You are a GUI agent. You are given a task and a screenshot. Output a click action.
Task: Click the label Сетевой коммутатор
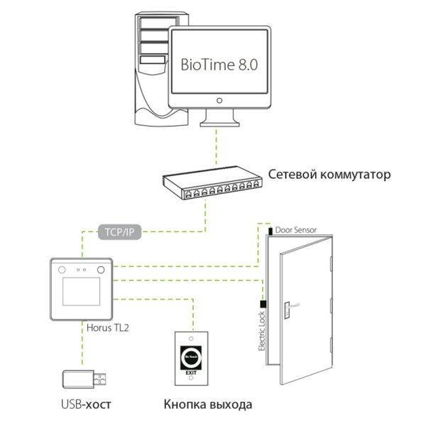click(x=329, y=173)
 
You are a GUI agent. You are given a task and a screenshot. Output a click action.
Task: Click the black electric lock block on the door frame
click(x=262, y=303)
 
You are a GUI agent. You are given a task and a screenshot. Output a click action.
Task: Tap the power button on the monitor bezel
click(x=219, y=101)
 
